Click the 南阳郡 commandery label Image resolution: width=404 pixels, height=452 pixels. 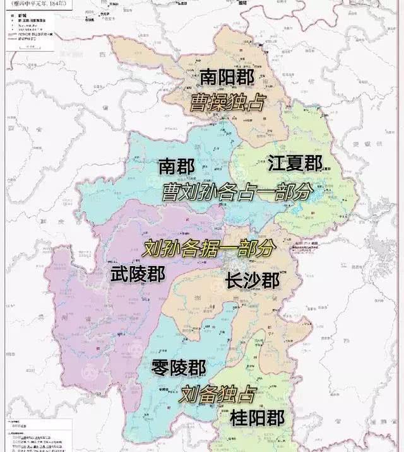point(226,78)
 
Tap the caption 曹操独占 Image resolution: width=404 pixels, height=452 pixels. point(227,103)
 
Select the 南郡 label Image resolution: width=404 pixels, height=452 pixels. point(176,166)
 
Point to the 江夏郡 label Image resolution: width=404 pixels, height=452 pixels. point(295,164)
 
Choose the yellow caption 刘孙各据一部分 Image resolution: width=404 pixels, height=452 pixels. point(209,248)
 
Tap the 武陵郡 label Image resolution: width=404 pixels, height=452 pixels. point(138,274)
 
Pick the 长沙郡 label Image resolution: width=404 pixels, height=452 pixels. point(252,281)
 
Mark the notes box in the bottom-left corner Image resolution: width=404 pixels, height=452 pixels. point(32,435)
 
